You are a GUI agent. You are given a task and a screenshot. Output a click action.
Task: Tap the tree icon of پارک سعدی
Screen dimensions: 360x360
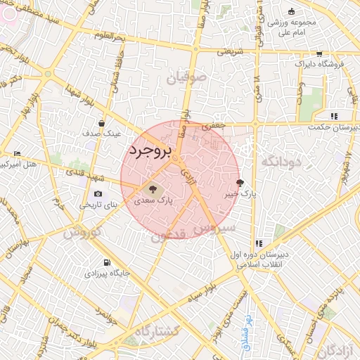coord(150,188)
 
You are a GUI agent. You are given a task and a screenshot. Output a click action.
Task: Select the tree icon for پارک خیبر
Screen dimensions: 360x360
coord(240,182)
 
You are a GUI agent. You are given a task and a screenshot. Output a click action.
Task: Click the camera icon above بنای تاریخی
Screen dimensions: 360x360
coord(97,194)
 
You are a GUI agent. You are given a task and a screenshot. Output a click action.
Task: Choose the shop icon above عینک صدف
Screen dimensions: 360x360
coord(101,122)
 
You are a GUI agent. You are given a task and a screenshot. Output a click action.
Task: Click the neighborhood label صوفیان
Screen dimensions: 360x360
coord(187,77)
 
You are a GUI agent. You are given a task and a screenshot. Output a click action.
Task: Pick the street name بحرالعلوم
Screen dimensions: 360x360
coord(129,35)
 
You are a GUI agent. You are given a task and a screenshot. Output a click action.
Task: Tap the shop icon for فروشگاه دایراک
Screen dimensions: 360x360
coord(319,53)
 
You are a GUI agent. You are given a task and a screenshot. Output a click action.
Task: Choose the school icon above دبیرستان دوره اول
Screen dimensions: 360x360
coord(259,244)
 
